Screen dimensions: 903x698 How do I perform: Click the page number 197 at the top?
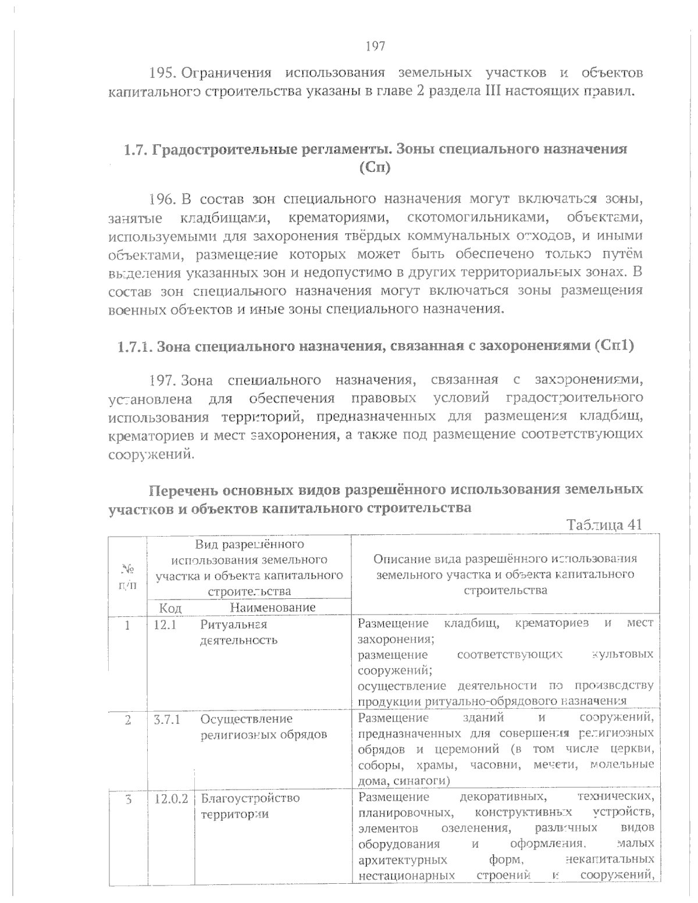coord(376,46)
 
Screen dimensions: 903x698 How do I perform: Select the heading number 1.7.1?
coord(135,347)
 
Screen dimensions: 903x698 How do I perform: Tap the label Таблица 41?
coord(604,524)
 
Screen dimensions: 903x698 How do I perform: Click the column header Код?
coord(170,608)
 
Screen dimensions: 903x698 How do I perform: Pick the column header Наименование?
coord(273,608)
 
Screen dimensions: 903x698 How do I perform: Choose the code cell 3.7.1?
coord(167,719)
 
